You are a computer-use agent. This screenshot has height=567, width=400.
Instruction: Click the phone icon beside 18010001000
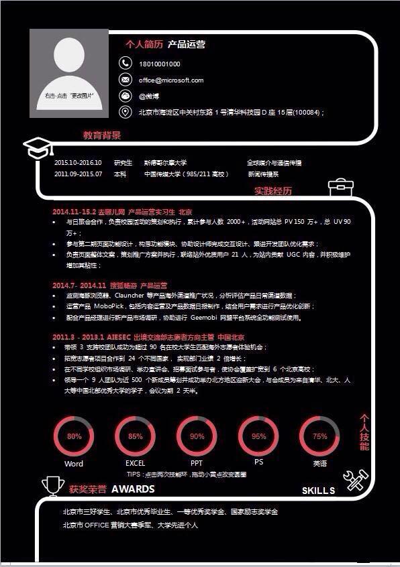[125, 63]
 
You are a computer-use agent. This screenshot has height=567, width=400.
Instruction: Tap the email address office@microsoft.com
[170, 80]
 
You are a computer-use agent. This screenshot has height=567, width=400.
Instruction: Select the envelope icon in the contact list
[125, 80]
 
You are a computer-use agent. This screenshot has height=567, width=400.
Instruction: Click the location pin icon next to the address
[125, 112]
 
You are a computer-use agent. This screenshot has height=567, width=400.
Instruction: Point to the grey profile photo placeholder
[69, 74]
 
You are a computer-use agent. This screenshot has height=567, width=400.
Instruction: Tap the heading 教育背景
[102, 135]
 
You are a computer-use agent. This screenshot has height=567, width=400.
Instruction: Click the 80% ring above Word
[74, 436]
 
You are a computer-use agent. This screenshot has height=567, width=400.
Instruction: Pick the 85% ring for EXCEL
[135, 436]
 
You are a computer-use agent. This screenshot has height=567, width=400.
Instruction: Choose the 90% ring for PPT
[197, 436]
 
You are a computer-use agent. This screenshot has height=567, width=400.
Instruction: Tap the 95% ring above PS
[258, 436]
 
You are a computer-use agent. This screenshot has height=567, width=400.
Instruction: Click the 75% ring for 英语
[319, 436]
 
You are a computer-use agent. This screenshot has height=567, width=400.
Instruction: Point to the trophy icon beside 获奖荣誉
[52, 485]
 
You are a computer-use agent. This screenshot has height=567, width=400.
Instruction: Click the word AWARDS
[133, 489]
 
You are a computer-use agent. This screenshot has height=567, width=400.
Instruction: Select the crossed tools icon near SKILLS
[355, 480]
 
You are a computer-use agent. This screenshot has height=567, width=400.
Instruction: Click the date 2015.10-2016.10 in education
[77, 163]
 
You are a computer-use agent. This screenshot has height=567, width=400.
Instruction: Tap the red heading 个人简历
[144, 45]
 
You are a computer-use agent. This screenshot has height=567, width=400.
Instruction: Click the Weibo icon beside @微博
[125, 96]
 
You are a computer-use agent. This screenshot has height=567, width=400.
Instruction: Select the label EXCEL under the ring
[135, 463]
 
